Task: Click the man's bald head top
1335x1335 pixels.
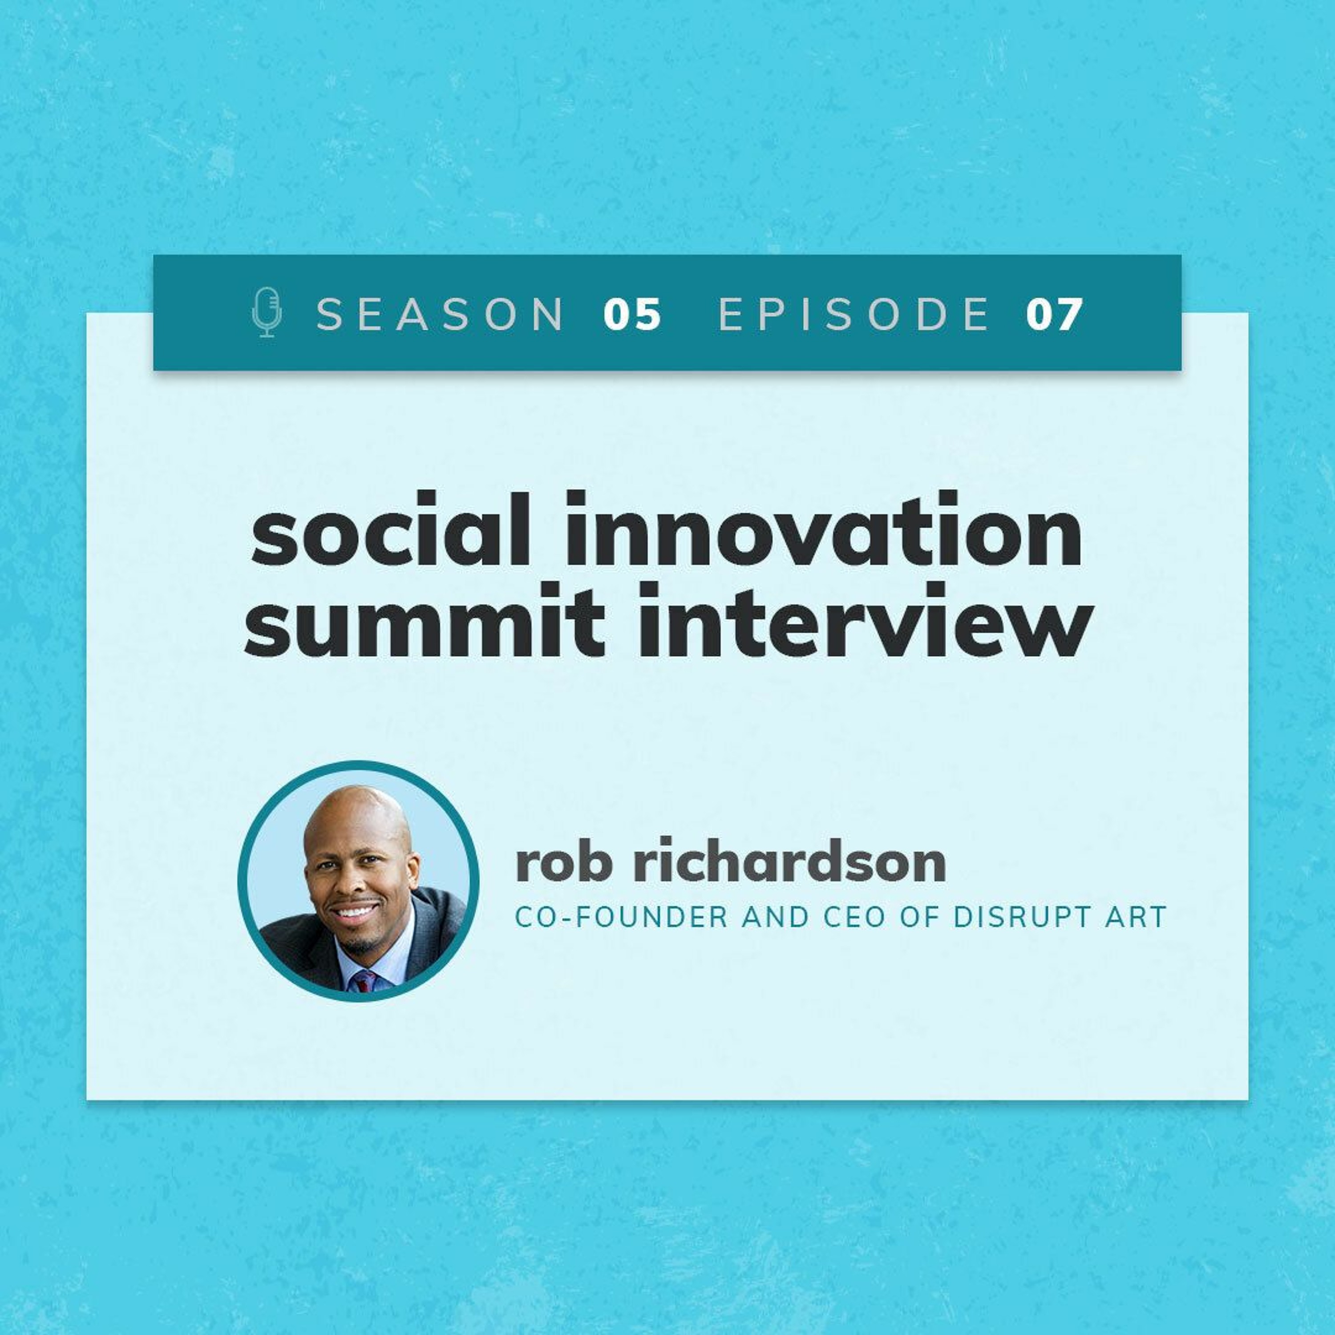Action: pos(357,809)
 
